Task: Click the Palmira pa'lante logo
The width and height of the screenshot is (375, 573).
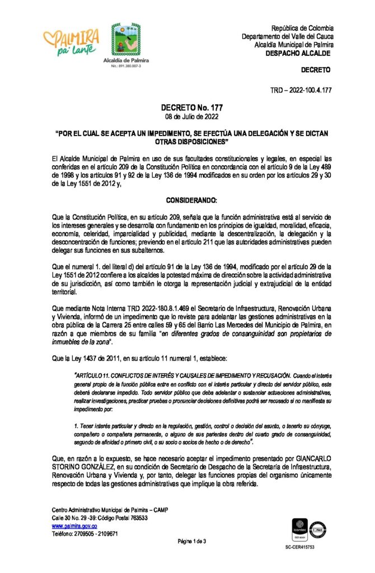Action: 71,43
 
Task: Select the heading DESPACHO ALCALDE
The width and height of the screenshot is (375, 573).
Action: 297,53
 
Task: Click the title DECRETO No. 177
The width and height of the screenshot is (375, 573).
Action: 187,107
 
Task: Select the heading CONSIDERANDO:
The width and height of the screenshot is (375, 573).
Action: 187,200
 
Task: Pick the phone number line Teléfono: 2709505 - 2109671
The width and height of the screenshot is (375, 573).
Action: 85,534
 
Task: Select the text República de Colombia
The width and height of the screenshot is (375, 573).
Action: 302,28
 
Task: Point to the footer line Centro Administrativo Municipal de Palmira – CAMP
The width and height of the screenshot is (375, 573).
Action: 109,510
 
